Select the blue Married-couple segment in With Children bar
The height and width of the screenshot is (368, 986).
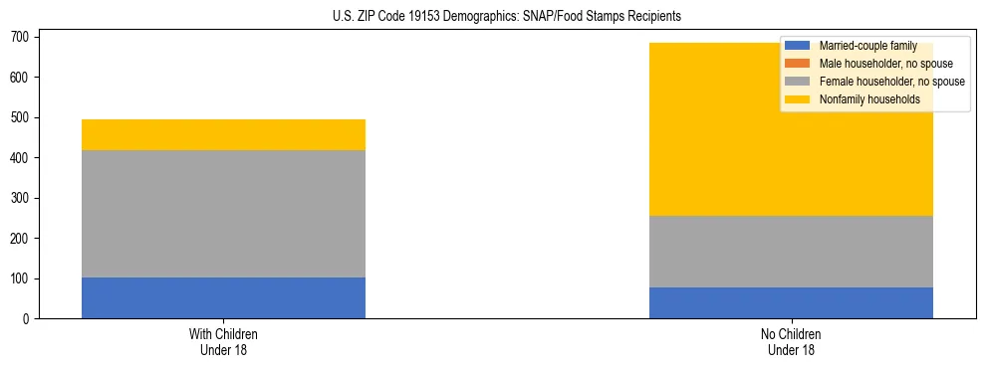click(223, 298)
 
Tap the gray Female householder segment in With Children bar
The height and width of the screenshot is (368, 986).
click(223, 214)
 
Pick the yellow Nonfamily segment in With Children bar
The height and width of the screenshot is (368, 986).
click(223, 134)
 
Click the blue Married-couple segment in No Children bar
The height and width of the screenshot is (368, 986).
click(791, 302)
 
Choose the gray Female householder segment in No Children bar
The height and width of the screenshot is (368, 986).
click(791, 252)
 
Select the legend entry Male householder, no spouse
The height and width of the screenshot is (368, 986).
click(871, 64)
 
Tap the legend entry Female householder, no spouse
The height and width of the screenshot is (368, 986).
click(876, 82)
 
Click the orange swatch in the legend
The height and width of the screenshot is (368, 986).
click(798, 64)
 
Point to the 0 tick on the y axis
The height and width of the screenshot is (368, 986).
click(27, 319)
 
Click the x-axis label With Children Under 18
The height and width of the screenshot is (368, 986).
click(223, 342)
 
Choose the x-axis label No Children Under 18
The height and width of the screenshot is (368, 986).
click(791, 342)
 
